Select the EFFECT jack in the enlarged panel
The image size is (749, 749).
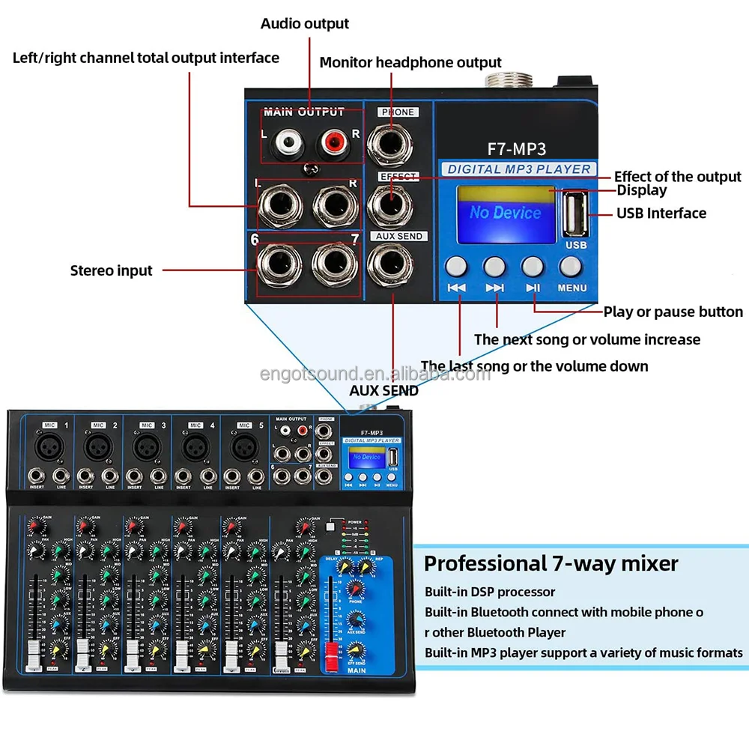pos(389,202)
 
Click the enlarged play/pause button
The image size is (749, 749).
pos(533,266)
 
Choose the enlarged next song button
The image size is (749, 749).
pos(494,266)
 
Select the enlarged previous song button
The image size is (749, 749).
pos(456,266)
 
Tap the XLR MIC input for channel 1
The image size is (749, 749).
pos(49,447)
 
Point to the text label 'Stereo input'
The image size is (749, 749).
pos(111,270)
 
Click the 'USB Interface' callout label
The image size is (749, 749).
pos(661,213)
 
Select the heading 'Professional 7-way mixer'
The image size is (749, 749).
pos(551,563)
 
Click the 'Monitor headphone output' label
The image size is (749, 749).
pos(410,62)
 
